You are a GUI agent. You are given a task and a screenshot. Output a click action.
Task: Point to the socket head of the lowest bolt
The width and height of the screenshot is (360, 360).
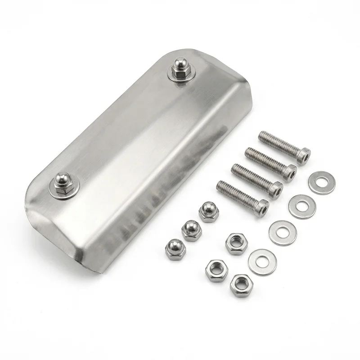(261, 207)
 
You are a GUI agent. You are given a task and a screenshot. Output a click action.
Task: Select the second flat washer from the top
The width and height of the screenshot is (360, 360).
(301, 207)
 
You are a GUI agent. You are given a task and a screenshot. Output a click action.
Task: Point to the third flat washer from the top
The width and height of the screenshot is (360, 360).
(282, 233)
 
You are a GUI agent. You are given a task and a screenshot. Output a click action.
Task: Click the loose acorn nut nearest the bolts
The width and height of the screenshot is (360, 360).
(208, 211)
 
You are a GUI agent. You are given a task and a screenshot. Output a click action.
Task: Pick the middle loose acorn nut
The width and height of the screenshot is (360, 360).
(191, 230)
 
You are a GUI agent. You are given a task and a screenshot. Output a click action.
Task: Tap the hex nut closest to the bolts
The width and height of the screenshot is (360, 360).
(236, 243)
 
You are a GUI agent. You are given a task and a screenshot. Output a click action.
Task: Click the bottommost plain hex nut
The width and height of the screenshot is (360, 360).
(241, 284)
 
